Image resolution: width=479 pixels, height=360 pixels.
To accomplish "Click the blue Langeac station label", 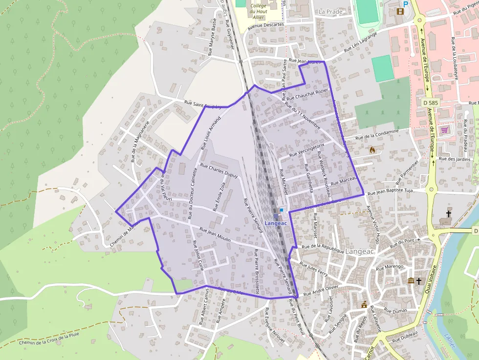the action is click(x=275, y=223).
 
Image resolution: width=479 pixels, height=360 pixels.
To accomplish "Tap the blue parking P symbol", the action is click(x=405, y=3).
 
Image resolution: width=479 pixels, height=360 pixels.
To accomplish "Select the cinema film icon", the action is click(x=401, y=12).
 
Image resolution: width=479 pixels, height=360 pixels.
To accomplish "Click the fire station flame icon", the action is click(x=372, y=150).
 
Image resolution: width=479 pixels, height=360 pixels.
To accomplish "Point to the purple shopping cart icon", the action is click(x=444, y=130).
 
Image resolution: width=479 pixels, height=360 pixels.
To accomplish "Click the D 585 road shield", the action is click(x=430, y=104).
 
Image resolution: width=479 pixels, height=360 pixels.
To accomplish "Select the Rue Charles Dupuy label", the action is click(x=219, y=171).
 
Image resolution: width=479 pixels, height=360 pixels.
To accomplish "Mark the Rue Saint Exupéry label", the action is click(x=202, y=104).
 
